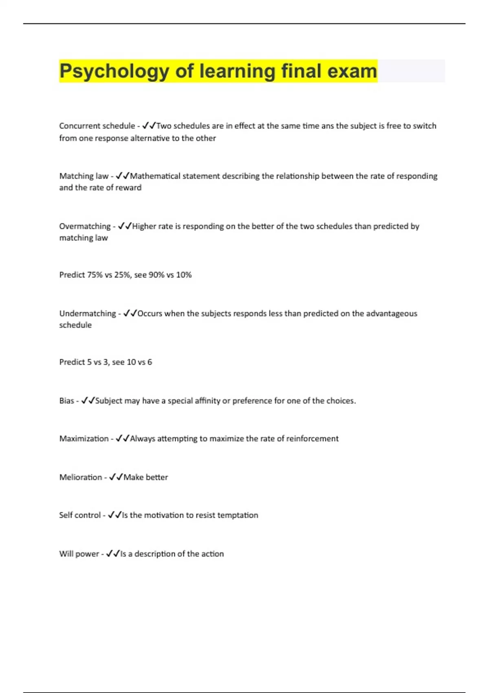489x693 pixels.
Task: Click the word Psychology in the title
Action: coord(114,72)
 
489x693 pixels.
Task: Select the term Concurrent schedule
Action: coord(97,126)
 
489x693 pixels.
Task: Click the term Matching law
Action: coord(84,176)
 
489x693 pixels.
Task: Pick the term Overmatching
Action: coord(85,226)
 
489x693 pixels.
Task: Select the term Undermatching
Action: coord(88,313)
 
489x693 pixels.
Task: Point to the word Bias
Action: coord(66,401)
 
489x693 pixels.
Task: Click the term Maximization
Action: coord(84,439)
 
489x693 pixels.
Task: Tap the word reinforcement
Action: coord(312,439)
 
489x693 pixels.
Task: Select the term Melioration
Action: coord(81,477)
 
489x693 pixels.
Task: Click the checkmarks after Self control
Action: coord(115,515)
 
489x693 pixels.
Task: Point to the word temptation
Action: coord(238,515)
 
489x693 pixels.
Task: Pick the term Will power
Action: coord(79,554)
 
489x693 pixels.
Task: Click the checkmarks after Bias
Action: coord(88,401)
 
